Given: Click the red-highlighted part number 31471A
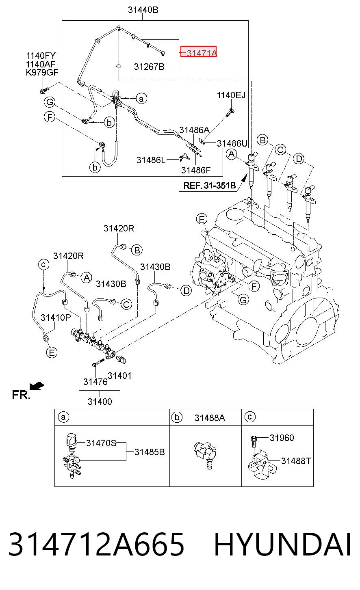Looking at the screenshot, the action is (x=202, y=53).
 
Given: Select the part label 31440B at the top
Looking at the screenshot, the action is (x=143, y=10).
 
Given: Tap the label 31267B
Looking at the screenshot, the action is (x=149, y=67).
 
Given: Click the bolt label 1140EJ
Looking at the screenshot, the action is (x=231, y=95).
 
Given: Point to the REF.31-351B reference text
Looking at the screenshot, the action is (x=210, y=186).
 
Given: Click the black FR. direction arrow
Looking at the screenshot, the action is (x=37, y=386).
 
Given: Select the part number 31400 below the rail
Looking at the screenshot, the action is (x=100, y=402).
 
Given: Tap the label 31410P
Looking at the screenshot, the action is (x=56, y=318).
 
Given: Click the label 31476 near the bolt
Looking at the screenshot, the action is (x=95, y=382).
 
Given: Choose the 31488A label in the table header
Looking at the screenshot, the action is (x=210, y=418).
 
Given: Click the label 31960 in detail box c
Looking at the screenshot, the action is (x=282, y=438).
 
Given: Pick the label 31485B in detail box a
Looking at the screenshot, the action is (x=150, y=452).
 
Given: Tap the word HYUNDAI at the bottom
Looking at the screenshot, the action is (x=282, y=544).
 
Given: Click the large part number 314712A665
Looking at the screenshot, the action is (x=96, y=544).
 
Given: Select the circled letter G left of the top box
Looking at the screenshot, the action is (x=50, y=102).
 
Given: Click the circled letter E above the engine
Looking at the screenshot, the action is (x=202, y=219).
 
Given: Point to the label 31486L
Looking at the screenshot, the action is (x=151, y=160).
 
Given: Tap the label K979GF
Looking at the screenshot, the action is (x=42, y=72).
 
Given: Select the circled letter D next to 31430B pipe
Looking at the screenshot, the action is (x=187, y=291).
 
